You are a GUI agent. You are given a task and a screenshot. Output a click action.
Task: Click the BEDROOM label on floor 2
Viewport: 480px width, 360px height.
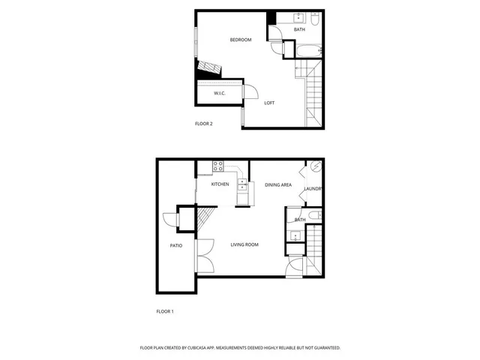click(x=240, y=40)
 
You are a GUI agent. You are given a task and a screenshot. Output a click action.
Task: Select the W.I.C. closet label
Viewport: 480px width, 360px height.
click(x=220, y=93)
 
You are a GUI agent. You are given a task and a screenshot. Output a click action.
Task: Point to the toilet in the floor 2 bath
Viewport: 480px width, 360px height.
click(x=316, y=18)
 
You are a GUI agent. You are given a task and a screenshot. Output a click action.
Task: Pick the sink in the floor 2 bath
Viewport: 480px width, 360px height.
click(x=298, y=17)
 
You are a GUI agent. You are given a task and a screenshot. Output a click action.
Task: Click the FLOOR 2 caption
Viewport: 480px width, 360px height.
click(x=204, y=124)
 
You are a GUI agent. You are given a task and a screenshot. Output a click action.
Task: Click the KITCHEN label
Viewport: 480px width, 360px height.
click(x=220, y=184)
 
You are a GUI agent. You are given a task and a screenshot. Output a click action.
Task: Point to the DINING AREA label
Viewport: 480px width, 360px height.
click(x=278, y=184)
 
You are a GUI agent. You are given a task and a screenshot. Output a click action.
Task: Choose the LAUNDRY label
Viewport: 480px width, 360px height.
click(x=313, y=189)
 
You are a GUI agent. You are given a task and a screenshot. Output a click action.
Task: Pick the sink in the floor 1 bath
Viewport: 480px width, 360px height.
click(x=295, y=236)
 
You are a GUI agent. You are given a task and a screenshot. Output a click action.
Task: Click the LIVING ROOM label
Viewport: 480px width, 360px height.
click(x=244, y=244)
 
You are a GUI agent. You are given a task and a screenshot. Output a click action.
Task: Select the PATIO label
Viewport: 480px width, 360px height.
click(x=176, y=246)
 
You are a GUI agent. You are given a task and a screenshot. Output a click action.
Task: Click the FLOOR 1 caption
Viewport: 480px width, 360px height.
click(x=164, y=310)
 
